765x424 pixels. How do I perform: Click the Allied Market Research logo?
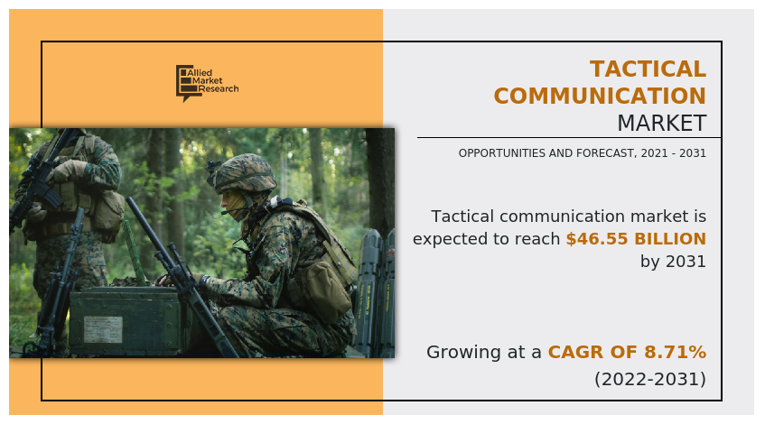pyautogui.click(x=207, y=83)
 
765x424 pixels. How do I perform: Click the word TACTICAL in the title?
pyautogui.click(x=648, y=69)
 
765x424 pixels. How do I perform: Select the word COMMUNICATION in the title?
pyautogui.click(x=600, y=97)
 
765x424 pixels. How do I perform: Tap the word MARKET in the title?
pyautogui.click(x=661, y=123)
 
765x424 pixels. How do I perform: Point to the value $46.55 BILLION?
pyautogui.click(x=636, y=239)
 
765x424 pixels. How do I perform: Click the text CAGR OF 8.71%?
pyautogui.click(x=627, y=352)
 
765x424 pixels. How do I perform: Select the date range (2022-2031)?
pyautogui.click(x=649, y=379)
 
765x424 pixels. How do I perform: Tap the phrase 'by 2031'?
pyautogui.click(x=673, y=262)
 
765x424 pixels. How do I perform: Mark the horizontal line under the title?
pyautogui.click(x=568, y=138)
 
